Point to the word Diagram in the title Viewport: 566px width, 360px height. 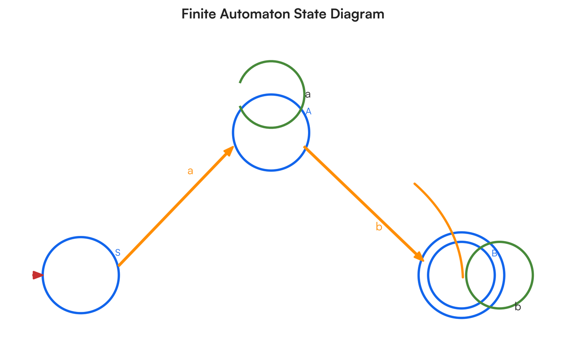[x=357, y=14]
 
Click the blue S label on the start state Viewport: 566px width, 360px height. [x=118, y=253]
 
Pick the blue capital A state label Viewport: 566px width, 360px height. [x=308, y=111]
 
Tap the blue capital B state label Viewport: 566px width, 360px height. [x=494, y=253]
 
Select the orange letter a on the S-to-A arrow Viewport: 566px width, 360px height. [x=190, y=171]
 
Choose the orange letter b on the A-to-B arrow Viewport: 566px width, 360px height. [x=379, y=227]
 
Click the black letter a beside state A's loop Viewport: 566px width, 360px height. [x=308, y=94]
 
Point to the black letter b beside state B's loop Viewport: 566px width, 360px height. [x=518, y=307]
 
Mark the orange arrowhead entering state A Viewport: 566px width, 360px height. [x=229, y=151]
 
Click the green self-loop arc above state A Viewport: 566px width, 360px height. [x=271, y=61]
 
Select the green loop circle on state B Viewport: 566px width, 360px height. [x=533, y=275]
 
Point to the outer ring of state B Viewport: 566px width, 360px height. [x=462, y=318]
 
